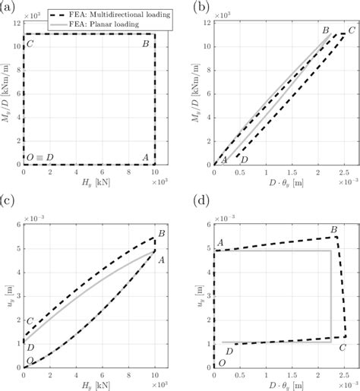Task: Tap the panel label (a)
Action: coord(8,7)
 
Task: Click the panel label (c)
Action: coord(8,200)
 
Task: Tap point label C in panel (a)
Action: coord(30,44)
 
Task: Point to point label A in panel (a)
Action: coord(145,158)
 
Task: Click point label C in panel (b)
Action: coord(351,31)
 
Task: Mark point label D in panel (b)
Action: coord(244,159)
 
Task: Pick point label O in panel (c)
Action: coord(30,360)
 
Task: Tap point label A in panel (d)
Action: coord(219,243)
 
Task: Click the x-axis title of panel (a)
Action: coord(90,184)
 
